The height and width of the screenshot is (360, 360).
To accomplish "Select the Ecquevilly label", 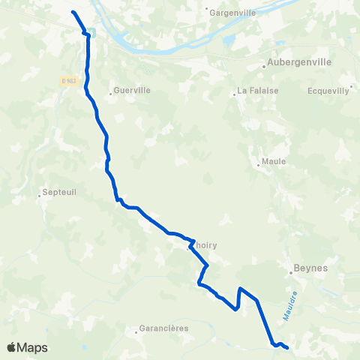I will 328,91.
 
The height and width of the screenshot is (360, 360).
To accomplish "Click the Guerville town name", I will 133,90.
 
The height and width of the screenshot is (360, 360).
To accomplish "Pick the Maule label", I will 269,162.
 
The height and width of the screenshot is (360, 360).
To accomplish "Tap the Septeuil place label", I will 60,192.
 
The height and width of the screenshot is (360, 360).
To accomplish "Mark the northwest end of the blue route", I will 72,12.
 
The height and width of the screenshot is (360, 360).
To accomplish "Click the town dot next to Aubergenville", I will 265,66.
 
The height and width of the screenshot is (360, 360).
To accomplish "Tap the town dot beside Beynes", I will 292,273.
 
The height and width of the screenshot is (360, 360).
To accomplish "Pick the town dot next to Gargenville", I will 206,10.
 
